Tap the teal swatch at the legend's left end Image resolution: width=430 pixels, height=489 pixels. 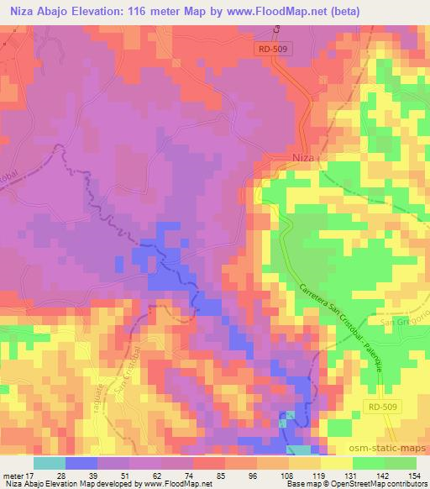[x=50, y=463]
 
